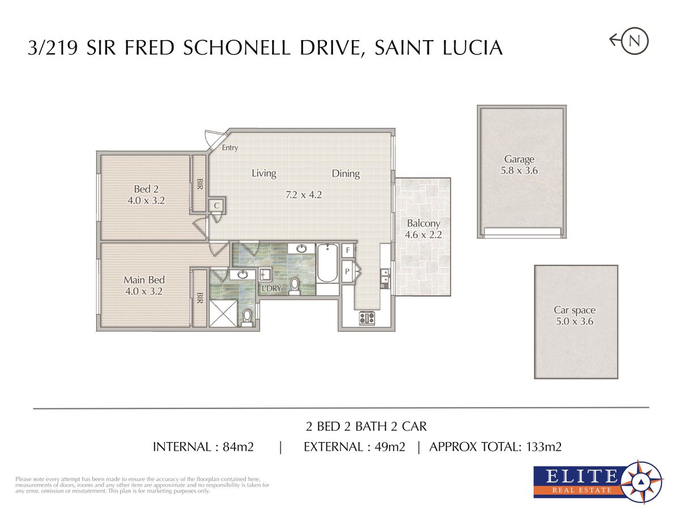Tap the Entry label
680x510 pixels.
230,148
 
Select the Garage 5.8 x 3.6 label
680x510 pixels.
519,164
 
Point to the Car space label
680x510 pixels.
575,310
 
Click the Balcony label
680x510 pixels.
423,223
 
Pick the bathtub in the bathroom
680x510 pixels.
328,263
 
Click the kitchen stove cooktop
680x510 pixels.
367,318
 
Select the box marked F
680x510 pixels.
348,250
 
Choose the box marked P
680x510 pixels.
348,271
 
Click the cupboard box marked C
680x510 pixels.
217,205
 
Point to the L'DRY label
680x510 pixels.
271,288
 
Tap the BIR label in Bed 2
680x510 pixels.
200,184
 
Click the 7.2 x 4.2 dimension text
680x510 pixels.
304,195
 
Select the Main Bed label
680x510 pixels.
144,280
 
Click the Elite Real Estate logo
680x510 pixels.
598,482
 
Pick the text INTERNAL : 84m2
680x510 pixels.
203,447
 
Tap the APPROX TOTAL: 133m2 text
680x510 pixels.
495,447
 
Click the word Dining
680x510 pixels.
346,174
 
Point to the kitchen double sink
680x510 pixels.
385,276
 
